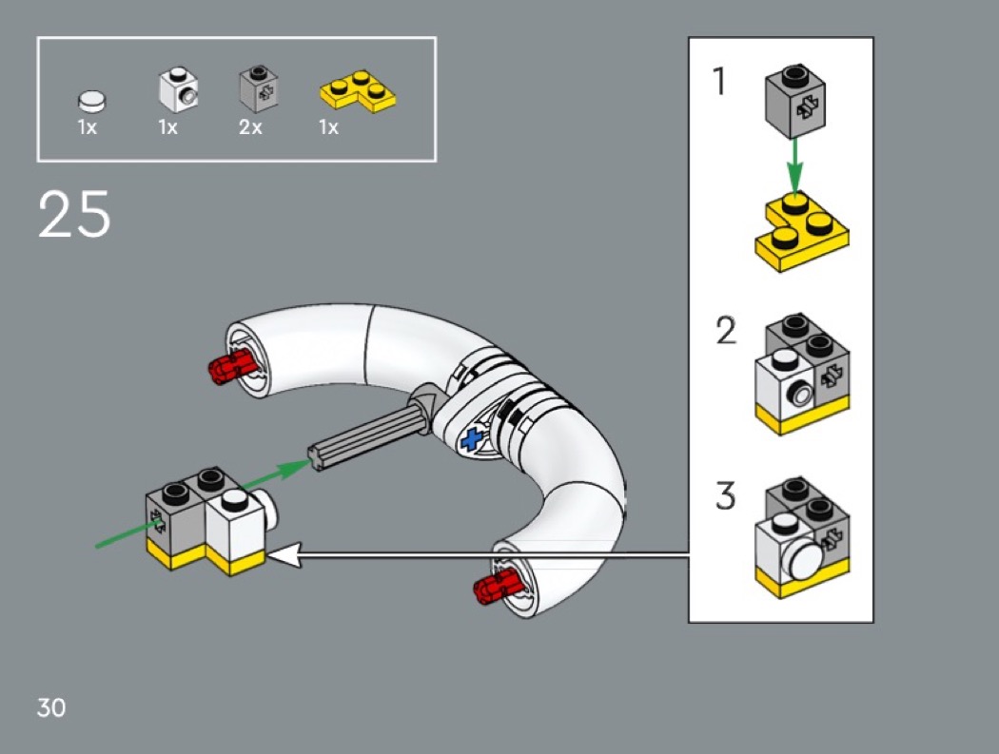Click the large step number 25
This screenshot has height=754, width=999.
click(x=74, y=215)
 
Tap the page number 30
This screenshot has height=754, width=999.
click(x=51, y=707)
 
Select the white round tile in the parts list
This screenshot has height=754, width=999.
click(x=91, y=99)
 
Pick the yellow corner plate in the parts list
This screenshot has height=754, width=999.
click(x=357, y=91)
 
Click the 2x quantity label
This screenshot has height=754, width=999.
click(x=250, y=127)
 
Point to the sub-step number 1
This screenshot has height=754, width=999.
click(x=720, y=84)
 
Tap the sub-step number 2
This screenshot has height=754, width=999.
click(x=726, y=331)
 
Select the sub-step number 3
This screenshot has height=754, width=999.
click(x=726, y=495)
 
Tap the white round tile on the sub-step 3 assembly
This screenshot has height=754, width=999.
click(x=802, y=561)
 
